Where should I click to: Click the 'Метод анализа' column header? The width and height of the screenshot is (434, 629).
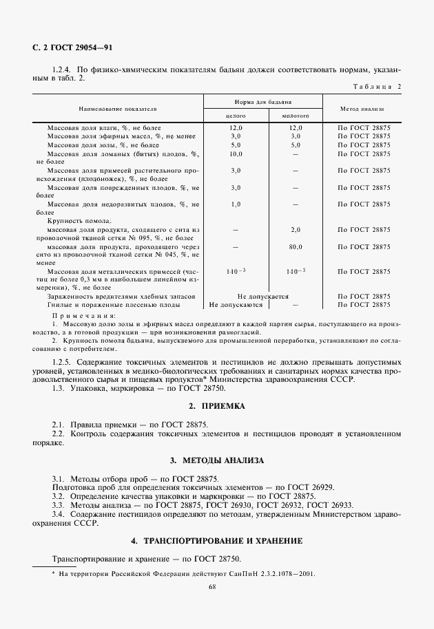point(362,109)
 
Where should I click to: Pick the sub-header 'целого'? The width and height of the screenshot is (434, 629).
point(236,116)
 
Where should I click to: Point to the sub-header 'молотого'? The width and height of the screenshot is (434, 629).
point(296,116)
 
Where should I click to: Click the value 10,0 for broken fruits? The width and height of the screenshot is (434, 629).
point(236,154)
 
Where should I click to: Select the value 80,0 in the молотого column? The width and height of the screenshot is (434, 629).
point(296,246)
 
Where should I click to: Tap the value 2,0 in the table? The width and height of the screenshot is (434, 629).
point(296,229)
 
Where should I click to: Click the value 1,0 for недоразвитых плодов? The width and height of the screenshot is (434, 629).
point(236,204)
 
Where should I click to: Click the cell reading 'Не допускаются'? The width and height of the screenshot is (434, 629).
point(236,303)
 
